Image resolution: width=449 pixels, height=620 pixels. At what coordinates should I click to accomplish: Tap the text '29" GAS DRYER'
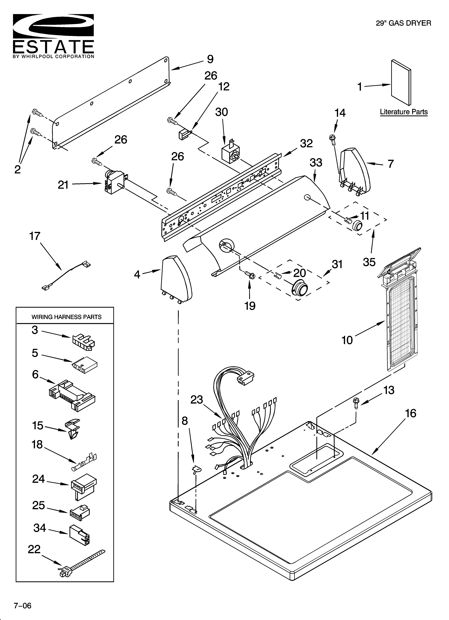403,23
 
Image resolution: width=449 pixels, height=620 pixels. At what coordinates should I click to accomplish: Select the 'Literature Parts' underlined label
404,112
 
